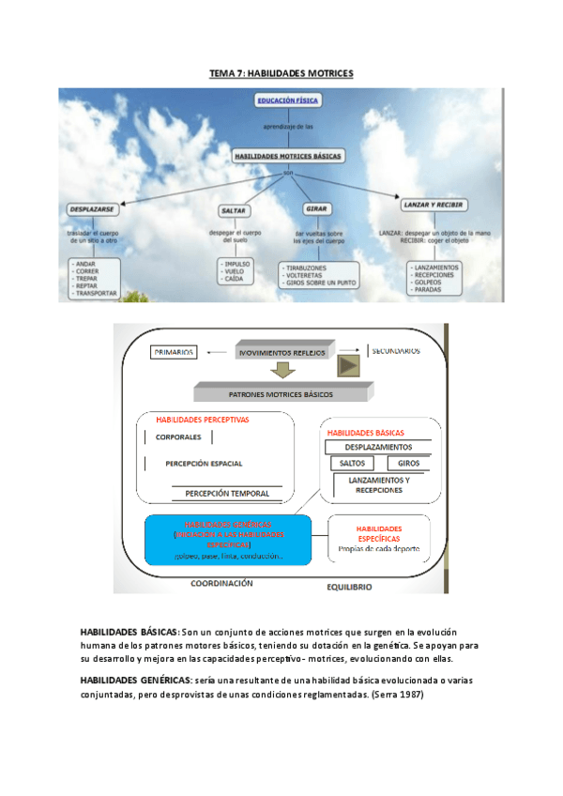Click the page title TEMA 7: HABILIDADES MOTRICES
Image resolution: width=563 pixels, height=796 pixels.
pos(281,73)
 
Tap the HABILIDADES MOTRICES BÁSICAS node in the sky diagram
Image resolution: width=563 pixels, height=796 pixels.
pos(288,156)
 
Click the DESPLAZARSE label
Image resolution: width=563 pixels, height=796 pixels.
pos(93,208)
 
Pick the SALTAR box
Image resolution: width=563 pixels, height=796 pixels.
pos(233,210)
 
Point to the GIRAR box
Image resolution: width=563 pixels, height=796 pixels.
pos(316,208)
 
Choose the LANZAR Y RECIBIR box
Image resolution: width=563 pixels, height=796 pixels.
pos(434,205)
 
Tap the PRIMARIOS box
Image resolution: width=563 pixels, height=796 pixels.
pos(173,352)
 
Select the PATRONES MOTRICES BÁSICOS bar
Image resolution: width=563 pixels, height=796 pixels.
pos(280,395)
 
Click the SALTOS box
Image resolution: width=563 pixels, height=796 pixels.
pos(353,464)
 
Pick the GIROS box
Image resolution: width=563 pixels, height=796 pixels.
pos(408,464)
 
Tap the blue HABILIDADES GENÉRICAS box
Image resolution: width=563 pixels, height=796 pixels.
pos(229,539)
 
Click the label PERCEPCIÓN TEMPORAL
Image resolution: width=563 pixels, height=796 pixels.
pos(227,493)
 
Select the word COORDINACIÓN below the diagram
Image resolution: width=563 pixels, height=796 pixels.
pos(221,583)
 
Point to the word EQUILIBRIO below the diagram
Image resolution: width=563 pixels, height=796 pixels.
pos(349,587)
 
